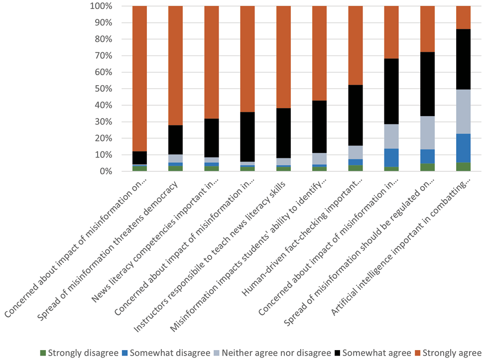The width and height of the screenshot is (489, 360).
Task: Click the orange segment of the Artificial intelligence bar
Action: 463,17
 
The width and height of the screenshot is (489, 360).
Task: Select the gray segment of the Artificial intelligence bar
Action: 463,112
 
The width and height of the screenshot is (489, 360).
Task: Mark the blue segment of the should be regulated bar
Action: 427,156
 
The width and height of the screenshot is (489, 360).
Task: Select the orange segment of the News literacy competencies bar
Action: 211,62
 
